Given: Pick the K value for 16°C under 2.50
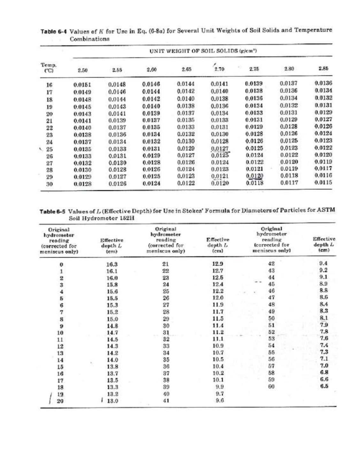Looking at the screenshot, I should (x=82, y=85).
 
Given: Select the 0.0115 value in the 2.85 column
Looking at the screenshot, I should (x=323, y=183).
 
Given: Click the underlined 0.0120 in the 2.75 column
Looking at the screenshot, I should (x=255, y=176).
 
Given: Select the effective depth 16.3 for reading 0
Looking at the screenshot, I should (x=112, y=264).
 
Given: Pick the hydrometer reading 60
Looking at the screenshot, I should (x=271, y=386).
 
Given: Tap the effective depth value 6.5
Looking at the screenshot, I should (x=324, y=386).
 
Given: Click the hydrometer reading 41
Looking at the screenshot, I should (x=165, y=401).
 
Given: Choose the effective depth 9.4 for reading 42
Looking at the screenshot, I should (x=324, y=263).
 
